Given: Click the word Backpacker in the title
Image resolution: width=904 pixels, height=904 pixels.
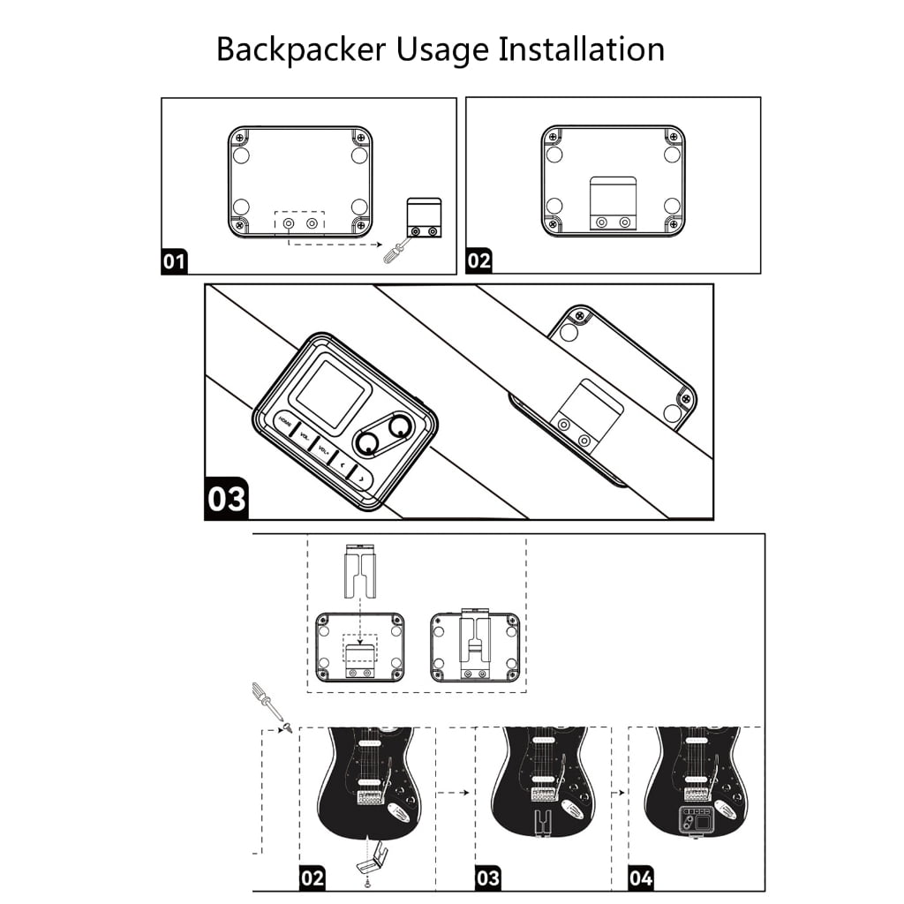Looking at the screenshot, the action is click(300, 50).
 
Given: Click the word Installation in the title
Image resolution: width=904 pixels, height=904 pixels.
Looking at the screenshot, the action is click(581, 49).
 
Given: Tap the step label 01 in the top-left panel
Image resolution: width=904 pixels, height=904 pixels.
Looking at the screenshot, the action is click(174, 261).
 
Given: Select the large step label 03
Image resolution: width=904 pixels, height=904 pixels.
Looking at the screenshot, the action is click(227, 499).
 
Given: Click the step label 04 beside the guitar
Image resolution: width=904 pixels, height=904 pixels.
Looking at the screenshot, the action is click(641, 878).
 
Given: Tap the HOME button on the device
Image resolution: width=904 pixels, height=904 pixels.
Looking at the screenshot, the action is click(285, 422).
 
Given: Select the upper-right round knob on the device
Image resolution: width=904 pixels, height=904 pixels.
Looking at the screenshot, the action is click(399, 427).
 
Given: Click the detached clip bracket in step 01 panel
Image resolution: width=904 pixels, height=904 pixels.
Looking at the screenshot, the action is click(425, 217).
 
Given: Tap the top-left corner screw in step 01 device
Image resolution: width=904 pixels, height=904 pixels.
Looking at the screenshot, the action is click(239, 138).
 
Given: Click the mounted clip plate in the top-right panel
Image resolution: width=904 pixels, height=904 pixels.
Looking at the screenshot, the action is click(613, 204).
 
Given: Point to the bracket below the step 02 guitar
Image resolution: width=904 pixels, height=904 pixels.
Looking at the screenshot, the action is click(372, 860).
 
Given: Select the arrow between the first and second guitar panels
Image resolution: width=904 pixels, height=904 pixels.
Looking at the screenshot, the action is click(453, 793).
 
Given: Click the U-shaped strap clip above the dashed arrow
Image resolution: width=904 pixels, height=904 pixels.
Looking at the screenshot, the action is click(360, 570).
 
